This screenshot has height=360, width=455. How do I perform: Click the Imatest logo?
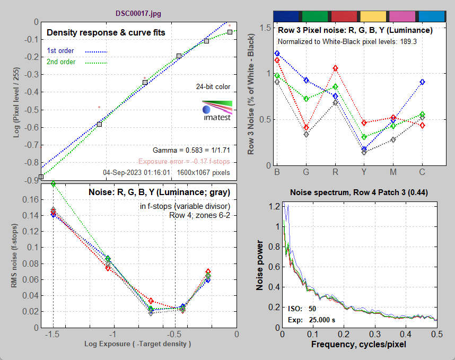point(217,110)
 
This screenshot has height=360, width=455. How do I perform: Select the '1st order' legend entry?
point(60,51)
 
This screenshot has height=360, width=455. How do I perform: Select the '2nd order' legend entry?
point(61,62)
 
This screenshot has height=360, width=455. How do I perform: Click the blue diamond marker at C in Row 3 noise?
point(422,82)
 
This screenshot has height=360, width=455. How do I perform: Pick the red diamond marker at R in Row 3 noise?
point(335,68)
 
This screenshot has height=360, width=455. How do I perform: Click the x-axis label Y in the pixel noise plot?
point(364,173)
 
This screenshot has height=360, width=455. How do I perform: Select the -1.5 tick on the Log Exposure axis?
point(52,335)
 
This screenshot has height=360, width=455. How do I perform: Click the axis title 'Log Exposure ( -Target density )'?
point(138,344)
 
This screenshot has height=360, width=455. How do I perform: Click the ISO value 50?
point(312,309)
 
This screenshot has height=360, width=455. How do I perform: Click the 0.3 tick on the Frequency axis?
point(375,335)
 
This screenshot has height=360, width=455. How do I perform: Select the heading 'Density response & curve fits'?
point(106,33)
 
